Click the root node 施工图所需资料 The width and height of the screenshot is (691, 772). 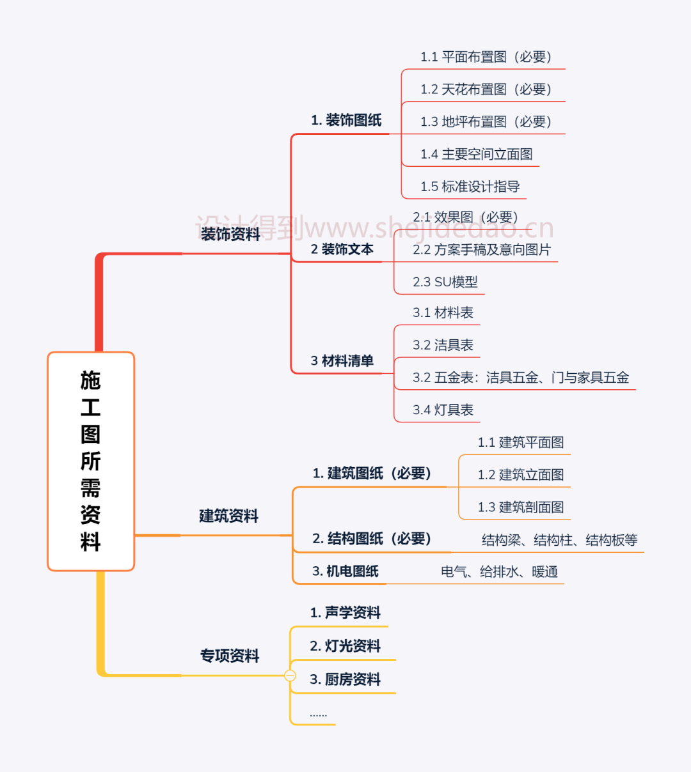91,461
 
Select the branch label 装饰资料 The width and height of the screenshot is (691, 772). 230,235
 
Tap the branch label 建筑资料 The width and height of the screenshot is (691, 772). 228,516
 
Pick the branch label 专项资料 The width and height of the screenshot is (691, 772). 230,656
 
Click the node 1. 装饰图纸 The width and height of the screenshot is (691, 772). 346,120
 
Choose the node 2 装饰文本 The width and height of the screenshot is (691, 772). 342,249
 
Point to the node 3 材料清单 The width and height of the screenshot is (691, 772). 342,361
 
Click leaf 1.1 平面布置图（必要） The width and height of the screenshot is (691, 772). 486,57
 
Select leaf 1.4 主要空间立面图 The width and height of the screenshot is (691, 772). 476,154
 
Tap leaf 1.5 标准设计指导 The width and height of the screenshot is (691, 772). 470,187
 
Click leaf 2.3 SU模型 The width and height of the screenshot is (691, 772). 445,282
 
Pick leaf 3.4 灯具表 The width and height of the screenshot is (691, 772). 443,410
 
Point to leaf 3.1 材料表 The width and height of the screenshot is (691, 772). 443,313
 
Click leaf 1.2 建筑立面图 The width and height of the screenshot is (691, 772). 520,475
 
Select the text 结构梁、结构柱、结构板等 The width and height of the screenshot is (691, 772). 559,540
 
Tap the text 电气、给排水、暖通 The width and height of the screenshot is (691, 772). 499,572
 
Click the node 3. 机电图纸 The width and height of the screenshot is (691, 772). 345,571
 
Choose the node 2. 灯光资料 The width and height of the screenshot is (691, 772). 345,646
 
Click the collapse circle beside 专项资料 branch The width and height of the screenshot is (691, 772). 290,675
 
